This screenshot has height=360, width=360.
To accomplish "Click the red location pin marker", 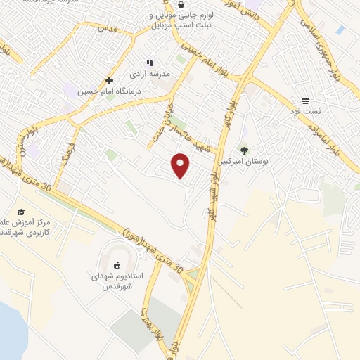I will click(x=181, y=165).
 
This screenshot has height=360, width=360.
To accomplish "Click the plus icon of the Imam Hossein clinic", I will click(x=109, y=81).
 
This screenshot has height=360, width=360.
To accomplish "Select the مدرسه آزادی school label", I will click(x=149, y=73).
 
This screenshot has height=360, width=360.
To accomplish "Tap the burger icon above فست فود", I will click(x=305, y=101).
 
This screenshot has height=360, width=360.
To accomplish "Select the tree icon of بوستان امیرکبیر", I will click(x=244, y=150).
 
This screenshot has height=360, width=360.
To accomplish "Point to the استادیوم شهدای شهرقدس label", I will click(x=117, y=281).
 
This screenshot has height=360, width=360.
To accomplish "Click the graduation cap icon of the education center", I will click(x=21, y=212).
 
